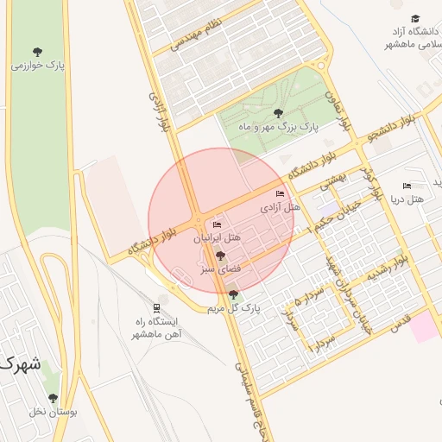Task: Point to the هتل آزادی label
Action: point(280,208)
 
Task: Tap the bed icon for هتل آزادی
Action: point(278,194)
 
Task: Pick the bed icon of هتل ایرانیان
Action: point(217,225)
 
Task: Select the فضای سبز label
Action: point(219,269)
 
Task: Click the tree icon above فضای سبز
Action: point(220,256)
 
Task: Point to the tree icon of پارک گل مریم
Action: point(233,294)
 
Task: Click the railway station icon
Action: point(156,306)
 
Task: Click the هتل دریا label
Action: point(407,199)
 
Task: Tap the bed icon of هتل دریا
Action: point(407,186)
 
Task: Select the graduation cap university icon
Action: point(415,19)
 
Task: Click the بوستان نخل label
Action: point(53,412)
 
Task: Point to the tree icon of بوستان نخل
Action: point(53,398)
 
